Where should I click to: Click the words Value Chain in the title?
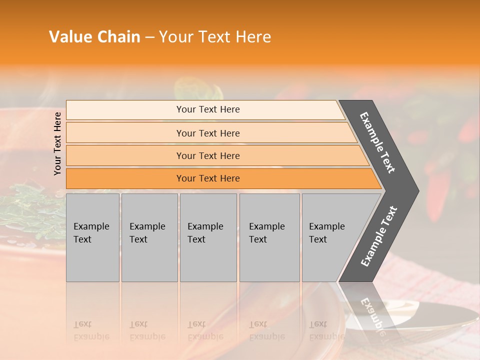(94, 37)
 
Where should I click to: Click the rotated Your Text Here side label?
(57, 143)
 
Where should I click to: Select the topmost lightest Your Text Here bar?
(208, 109)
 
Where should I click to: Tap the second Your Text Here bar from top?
(208, 133)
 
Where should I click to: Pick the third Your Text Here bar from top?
(208, 155)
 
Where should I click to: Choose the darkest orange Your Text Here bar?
(208, 178)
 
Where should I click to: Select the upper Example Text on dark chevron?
(377, 142)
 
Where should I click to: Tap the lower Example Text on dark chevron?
(378, 236)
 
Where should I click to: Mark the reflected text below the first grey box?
(91, 331)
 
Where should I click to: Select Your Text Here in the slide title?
(215, 37)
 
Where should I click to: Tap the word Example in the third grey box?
(205, 226)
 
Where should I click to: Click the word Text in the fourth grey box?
(258, 239)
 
